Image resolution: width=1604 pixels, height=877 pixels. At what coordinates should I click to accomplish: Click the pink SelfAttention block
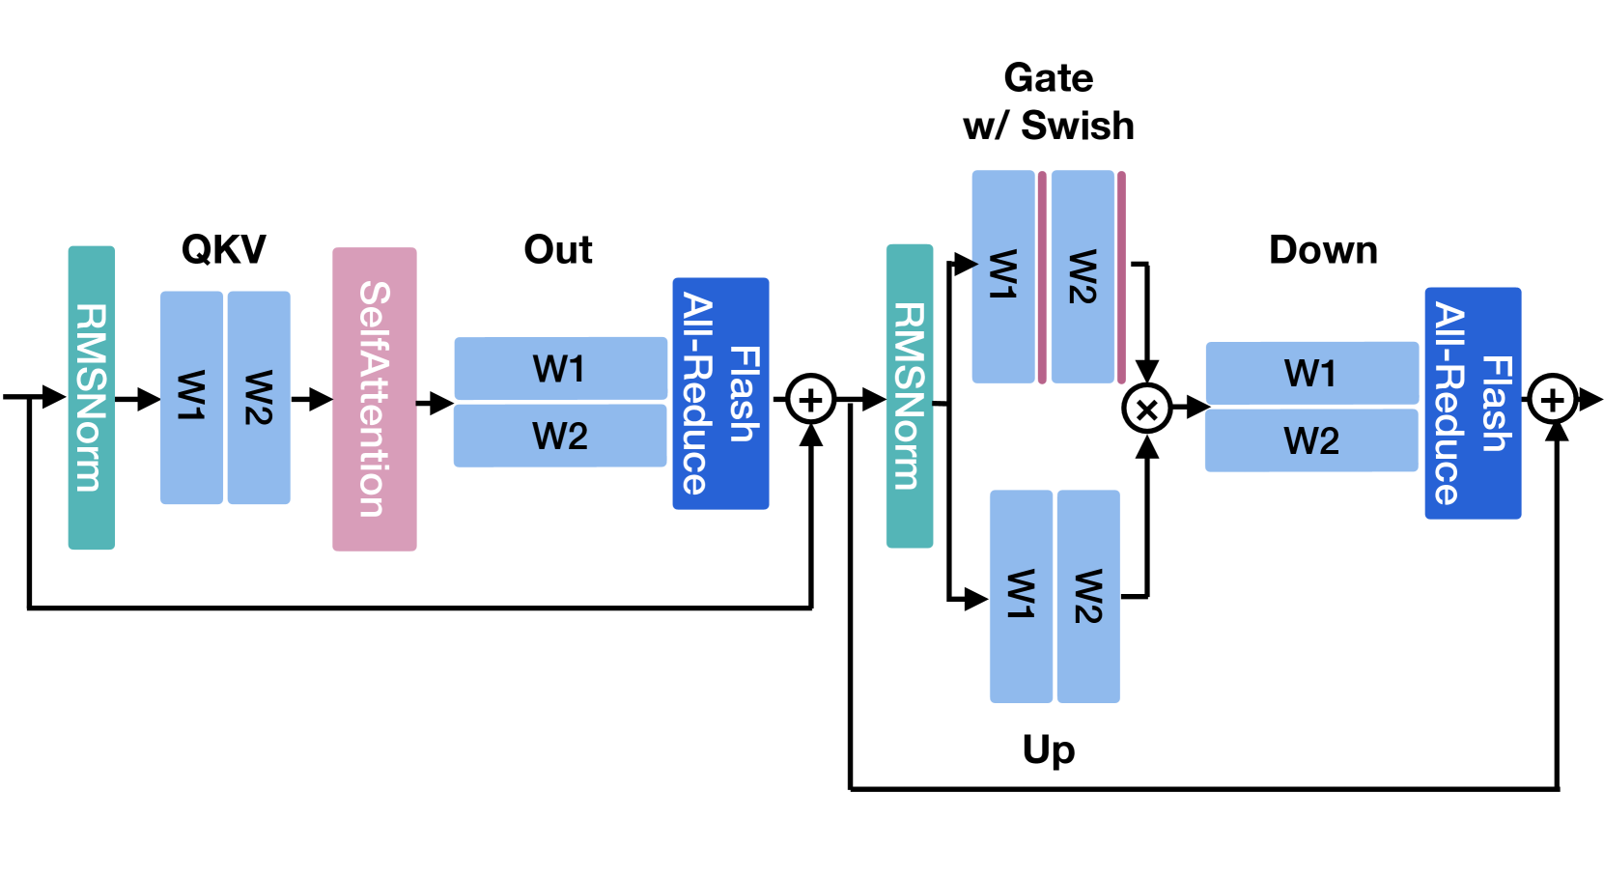pos(375,399)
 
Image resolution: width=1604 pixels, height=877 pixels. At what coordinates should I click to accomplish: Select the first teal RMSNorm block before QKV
pos(92,398)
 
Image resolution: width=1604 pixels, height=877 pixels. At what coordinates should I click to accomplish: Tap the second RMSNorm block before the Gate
pos(910,396)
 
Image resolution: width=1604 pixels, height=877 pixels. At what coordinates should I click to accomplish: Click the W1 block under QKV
pos(191,397)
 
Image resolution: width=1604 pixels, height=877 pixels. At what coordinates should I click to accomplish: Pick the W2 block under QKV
pos(259,397)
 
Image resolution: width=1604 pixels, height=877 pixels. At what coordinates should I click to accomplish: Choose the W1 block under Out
pos(561,368)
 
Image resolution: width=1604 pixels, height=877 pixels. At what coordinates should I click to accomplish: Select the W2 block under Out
pos(561,436)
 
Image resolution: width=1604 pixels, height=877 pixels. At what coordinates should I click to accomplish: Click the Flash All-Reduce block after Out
pos(721,394)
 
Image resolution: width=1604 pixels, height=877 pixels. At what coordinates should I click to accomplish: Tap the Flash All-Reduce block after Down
pos(1473,403)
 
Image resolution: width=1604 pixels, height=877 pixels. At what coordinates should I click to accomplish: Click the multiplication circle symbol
pos(1147,409)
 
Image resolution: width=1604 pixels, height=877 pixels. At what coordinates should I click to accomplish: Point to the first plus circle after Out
pos(810,400)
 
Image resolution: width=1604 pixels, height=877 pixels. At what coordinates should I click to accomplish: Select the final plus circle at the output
pos(1553,400)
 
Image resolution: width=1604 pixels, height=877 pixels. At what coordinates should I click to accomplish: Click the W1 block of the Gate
pos(1003,276)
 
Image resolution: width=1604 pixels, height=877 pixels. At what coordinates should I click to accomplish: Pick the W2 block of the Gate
pos(1083,276)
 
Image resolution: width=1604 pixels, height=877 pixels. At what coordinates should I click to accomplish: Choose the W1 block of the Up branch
pos(1021,596)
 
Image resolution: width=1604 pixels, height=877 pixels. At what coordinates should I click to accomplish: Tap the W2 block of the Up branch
pos(1088,596)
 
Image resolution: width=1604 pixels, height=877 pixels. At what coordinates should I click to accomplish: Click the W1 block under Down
pos(1311,373)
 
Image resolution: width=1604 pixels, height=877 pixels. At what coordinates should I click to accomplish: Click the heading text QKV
pos(223,249)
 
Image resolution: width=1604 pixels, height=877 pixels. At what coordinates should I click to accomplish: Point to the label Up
pos(1049,750)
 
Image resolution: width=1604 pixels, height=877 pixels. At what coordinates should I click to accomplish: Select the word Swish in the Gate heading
pos(1077,126)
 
